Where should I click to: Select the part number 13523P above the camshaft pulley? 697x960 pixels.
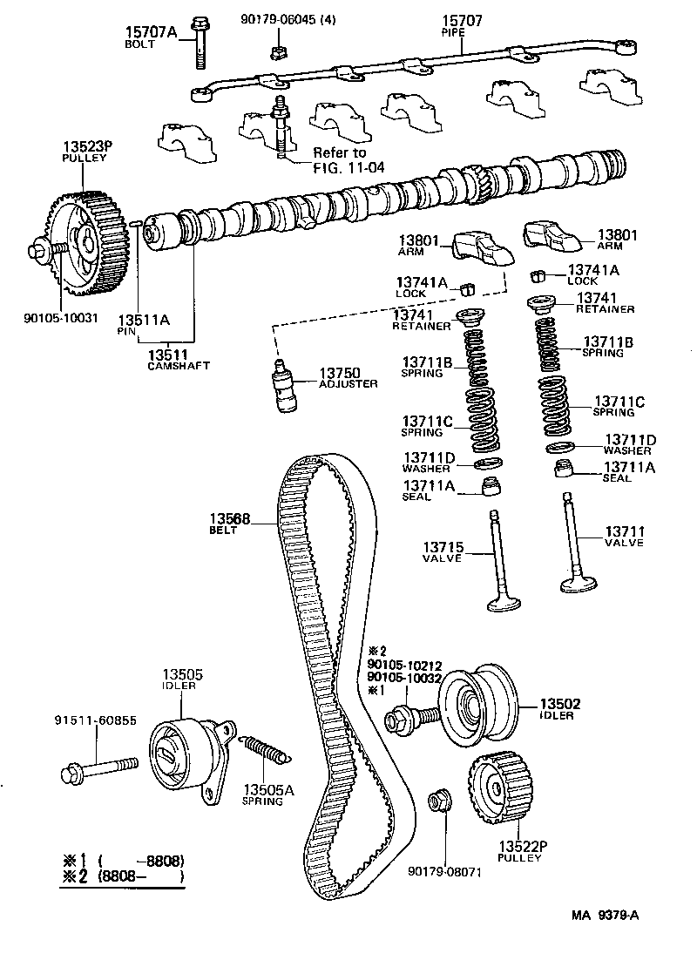click(x=84, y=145)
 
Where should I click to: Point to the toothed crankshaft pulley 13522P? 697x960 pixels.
click(x=495, y=792)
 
